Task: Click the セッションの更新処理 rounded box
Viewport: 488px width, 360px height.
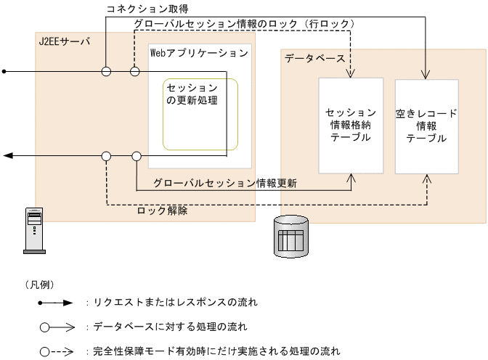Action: [200, 114]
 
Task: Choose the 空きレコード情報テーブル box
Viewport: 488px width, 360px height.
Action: [426, 126]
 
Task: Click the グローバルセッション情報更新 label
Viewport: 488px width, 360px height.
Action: [225, 183]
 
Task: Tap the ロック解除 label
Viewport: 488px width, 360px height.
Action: [163, 211]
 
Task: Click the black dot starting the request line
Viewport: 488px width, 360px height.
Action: [4, 71]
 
